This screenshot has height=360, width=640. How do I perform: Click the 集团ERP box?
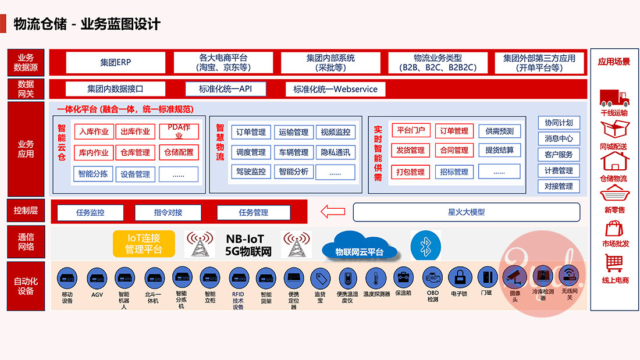(115, 63)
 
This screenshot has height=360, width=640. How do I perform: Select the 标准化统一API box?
(225, 89)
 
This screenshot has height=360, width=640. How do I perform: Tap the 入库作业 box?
(93, 131)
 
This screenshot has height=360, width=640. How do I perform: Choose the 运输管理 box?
(293, 132)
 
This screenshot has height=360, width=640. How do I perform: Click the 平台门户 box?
(410, 130)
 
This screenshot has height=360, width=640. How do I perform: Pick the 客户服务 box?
(559, 155)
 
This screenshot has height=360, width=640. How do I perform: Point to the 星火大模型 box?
(466, 212)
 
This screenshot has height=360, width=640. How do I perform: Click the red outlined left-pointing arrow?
(333, 212)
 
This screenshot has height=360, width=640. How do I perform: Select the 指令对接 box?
(168, 212)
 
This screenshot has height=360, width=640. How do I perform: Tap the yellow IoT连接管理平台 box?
(144, 244)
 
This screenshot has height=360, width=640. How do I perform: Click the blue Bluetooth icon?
(422, 245)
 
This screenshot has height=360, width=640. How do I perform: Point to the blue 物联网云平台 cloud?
(360, 249)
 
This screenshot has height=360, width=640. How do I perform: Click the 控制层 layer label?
(26, 211)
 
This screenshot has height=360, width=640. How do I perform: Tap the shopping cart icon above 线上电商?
(614, 263)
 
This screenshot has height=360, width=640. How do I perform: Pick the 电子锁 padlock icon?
(460, 277)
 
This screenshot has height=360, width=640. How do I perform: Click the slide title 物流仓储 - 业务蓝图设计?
(87, 24)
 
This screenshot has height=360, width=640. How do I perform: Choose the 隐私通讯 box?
(336, 152)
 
